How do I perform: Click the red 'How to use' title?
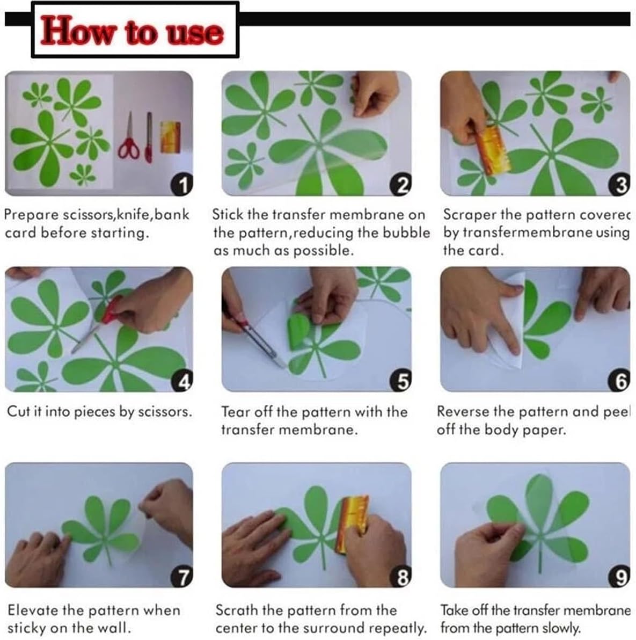coord(132,31)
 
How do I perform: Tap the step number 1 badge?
coord(182,185)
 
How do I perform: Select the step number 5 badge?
coord(401,381)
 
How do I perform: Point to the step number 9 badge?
coord(619,577)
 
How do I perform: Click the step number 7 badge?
coord(182,577)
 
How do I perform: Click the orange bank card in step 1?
coord(171,137)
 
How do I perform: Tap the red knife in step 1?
coord(149,137)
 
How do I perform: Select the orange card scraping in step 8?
coord(352,525)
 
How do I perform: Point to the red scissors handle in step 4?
coord(111,310)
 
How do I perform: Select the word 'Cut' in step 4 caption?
coord(18,411)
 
